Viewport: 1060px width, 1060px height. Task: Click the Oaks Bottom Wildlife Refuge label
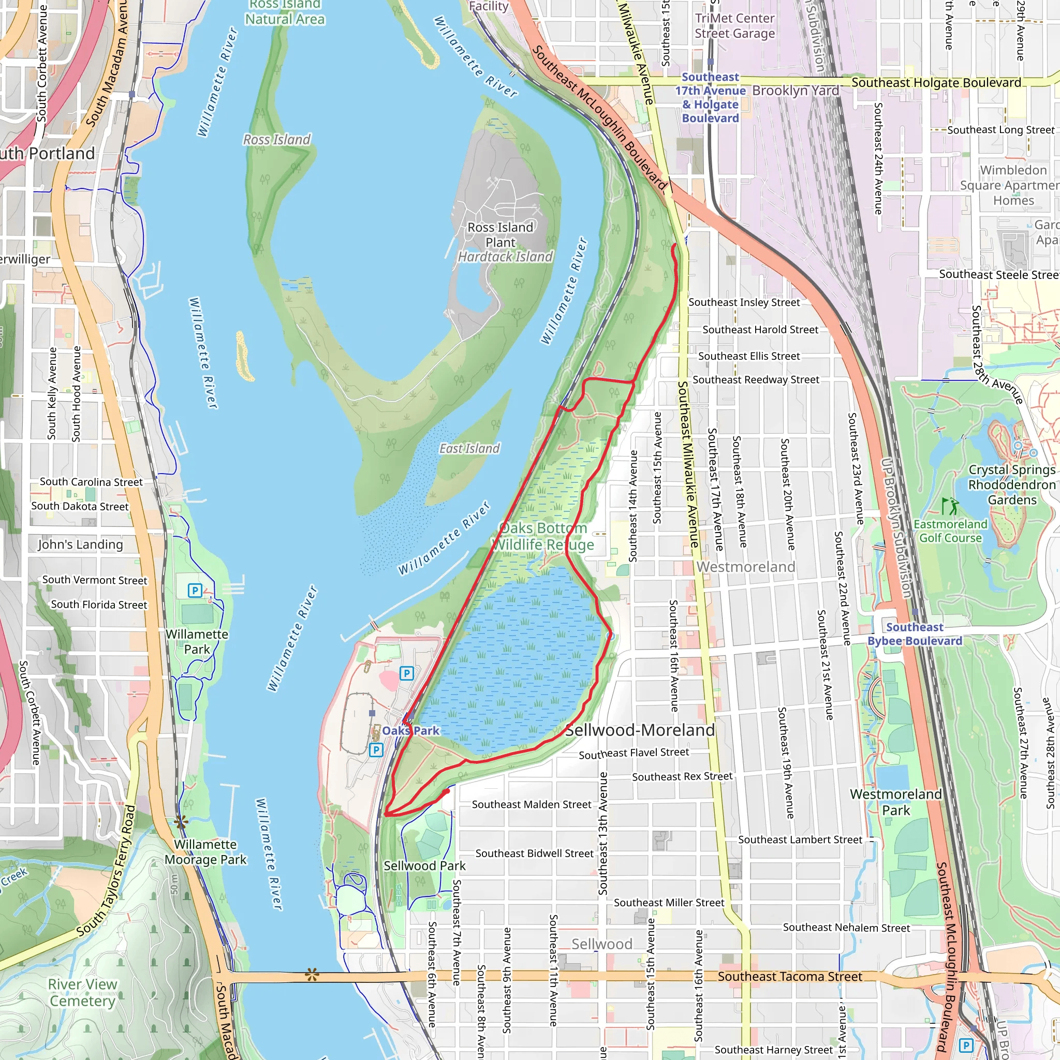542,536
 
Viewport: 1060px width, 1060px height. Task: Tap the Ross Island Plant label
500,235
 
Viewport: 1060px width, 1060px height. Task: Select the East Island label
469,449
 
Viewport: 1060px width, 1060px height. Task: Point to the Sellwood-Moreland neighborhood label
640,730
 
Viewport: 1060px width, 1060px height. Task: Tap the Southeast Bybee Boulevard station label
915,634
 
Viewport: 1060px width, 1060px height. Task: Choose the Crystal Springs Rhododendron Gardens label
1012,485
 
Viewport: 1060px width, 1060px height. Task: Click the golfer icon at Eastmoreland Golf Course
950,506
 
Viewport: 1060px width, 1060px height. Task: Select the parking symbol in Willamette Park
195,591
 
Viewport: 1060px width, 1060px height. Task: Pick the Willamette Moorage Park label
206,852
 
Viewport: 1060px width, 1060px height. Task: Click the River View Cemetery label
82,993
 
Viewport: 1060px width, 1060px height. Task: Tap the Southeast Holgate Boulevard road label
936,83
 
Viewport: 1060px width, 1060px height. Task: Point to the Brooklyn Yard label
795,91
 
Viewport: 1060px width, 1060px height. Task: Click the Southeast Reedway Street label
756,380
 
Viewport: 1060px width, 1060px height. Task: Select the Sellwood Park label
424,866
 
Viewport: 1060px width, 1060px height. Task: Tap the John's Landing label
80,544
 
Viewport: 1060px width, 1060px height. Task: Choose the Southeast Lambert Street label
800,840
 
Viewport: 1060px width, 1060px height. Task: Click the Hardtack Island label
505,257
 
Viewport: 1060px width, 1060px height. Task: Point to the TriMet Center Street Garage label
734,26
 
